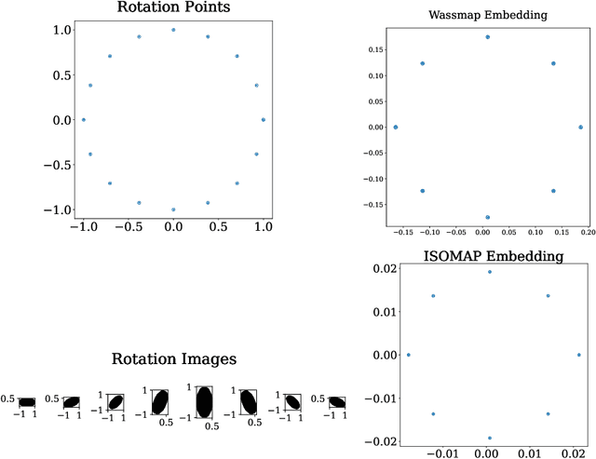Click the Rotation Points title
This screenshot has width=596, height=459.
(x=173, y=8)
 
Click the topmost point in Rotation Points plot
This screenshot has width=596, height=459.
(x=173, y=30)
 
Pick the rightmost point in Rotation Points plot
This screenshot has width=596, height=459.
(x=264, y=120)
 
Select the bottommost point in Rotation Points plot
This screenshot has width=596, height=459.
(x=173, y=209)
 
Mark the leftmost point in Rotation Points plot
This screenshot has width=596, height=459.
(x=84, y=120)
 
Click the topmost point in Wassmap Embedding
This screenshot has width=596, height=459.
(x=487, y=37)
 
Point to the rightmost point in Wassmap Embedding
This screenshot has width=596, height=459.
(x=580, y=128)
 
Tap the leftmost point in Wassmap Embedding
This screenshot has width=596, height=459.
(x=396, y=128)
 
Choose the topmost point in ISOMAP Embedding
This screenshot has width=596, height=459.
(x=490, y=272)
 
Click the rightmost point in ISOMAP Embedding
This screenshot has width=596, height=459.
(x=578, y=355)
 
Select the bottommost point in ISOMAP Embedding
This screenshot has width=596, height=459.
(x=490, y=438)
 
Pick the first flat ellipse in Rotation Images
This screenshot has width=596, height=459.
(x=27, y=402)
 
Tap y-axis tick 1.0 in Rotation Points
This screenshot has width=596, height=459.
(x=61, y=31)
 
